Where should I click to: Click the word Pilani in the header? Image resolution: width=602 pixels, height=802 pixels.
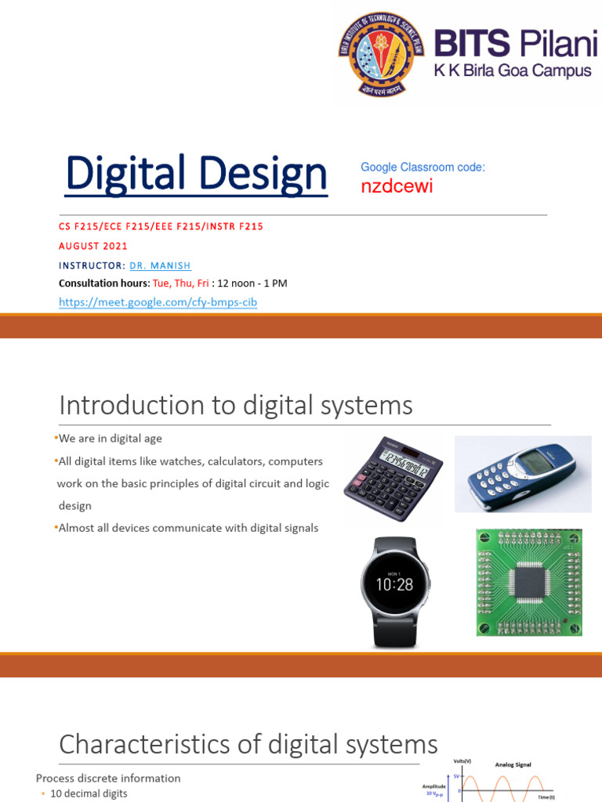[555, 45]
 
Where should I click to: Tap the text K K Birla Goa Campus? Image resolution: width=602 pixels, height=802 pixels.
[513, 71]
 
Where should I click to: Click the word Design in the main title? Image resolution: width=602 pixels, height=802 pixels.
[263, 174]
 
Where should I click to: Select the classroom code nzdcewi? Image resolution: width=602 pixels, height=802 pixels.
[397, 186]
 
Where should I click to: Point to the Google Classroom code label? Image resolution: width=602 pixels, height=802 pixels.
[422, 167]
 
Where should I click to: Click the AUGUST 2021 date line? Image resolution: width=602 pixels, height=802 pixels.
[93, 246]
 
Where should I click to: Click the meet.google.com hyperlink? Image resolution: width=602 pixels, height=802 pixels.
[158, 302]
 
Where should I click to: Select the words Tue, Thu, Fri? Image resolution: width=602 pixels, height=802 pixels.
[180, 284]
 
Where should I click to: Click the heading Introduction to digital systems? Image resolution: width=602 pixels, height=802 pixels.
[235, 405]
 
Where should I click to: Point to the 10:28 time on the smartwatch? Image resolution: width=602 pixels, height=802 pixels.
[395, 585]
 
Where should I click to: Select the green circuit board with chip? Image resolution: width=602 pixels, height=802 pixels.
[530, 582]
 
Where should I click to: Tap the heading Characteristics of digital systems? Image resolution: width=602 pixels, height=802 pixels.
[248, 743]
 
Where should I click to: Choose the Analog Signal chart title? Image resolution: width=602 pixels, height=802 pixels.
[513, 764]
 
